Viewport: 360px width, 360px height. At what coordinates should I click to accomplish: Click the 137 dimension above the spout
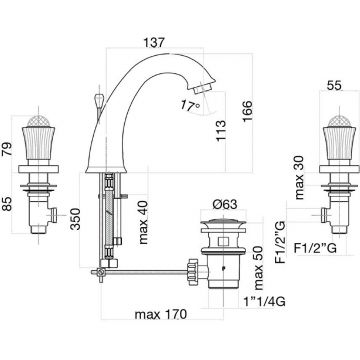pos(154,43)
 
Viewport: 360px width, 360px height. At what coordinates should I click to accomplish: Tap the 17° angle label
pos(190,105)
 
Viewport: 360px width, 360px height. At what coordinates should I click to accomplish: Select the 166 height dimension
pos(247,112)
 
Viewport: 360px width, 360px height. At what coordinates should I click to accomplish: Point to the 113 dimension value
pos(221,131)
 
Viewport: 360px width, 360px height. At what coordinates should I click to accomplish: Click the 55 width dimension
pos(334,86)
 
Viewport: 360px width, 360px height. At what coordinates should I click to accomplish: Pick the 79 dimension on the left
pos(6,148)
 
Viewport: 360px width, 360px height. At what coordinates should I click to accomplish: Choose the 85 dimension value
pos(6,204)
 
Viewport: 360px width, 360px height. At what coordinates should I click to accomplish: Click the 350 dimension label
pos(75,219)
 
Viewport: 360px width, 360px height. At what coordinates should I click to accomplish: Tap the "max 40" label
pos(144,222)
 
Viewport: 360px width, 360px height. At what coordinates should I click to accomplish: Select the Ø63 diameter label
pos(225,204)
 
